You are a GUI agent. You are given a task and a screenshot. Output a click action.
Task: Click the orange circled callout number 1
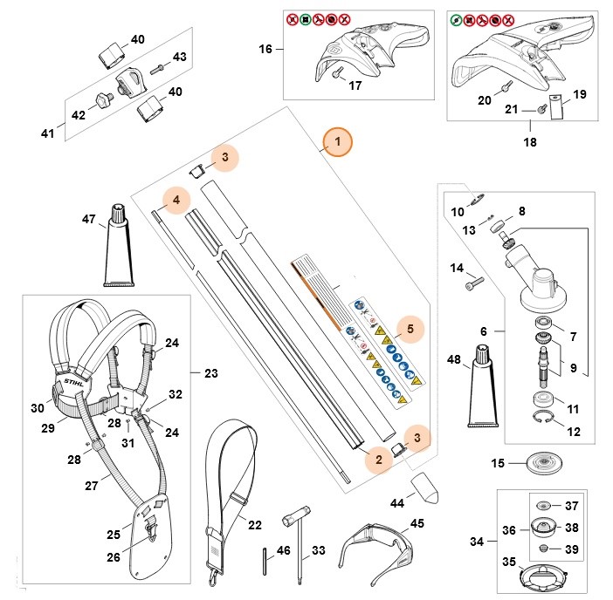pyautogui.click(x=338, y=140)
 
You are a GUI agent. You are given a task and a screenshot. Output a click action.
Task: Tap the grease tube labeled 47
pyautogui.click(x=117, y=249)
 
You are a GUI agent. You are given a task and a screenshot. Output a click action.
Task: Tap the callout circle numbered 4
pyautogui.click(x=176, y=200)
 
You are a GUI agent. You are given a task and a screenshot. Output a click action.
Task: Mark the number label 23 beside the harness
pyautogui.click(x=210, y=373)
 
